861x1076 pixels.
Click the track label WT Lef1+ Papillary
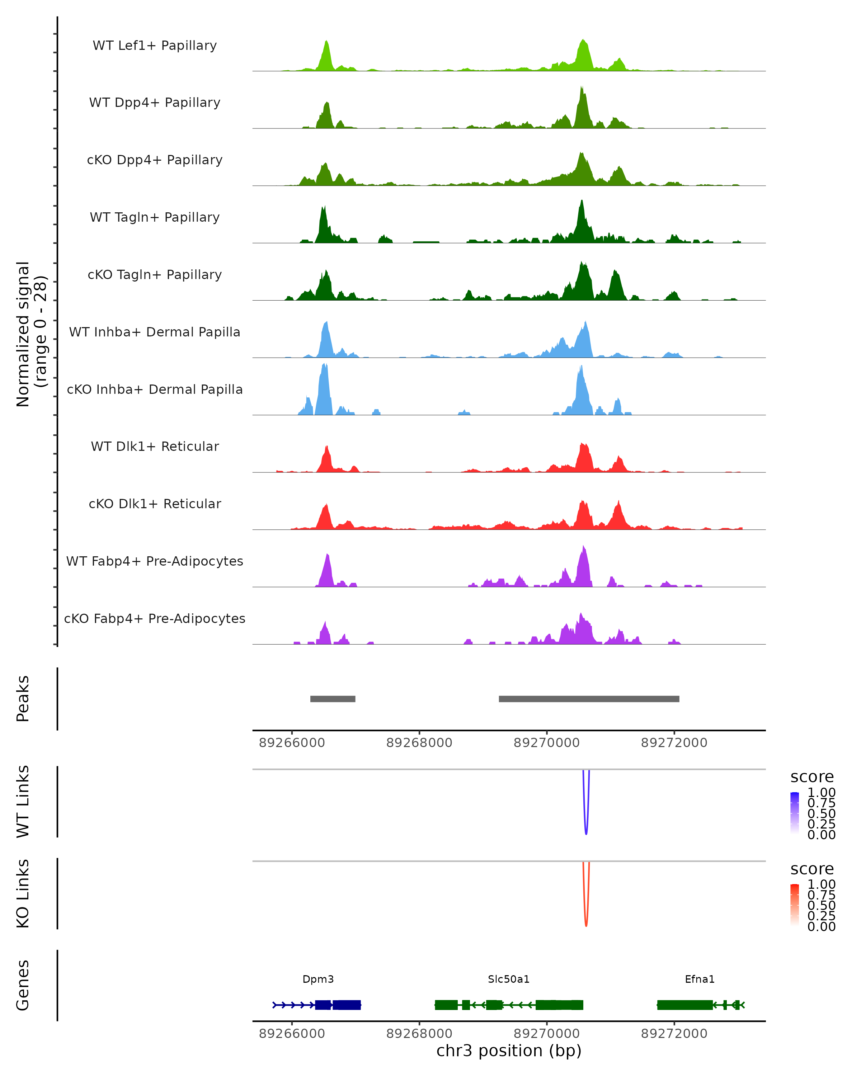point(155,46)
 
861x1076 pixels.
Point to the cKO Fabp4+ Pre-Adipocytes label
point(155,618)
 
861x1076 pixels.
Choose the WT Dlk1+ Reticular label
point(155,446)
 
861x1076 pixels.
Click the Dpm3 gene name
point(318,979)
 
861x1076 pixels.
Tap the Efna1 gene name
point(699,979)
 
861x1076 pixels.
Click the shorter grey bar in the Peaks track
point(333,699)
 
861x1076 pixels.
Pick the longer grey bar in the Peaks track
point(589,699)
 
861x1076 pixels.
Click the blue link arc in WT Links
point(586,831)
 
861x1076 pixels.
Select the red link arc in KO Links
point(586,923)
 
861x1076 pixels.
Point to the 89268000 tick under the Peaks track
point(419,743)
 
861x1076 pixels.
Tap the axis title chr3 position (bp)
point(509,1051)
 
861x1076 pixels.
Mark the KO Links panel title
point(23,893)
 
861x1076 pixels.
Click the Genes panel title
point(23,985)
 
